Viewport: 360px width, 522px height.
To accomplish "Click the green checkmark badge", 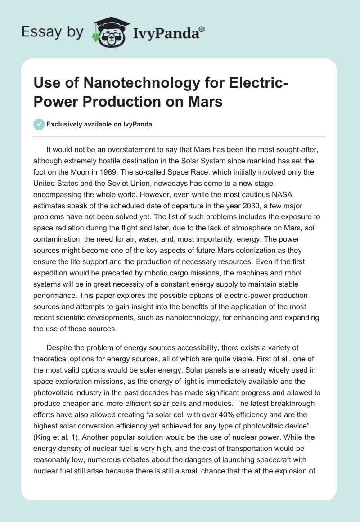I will click(39, 125).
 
